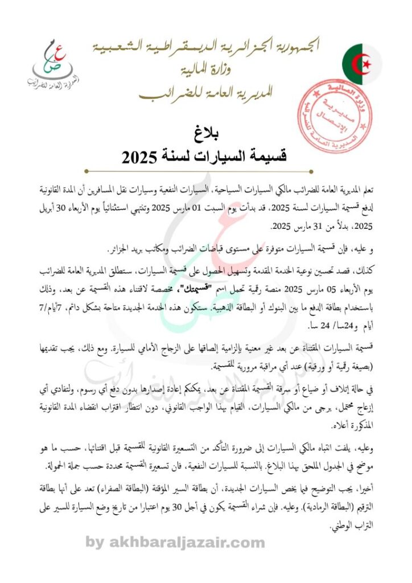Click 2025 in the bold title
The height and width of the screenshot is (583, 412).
[x=138, y=157]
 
